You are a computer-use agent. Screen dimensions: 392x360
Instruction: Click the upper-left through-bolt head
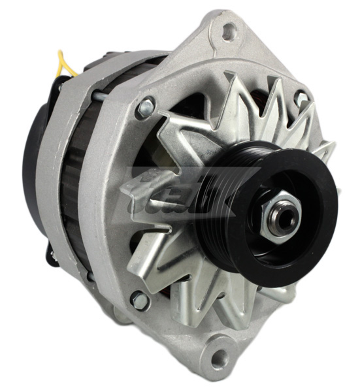pos(146,106)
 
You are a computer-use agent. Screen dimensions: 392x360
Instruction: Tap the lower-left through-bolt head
pos(139,300)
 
